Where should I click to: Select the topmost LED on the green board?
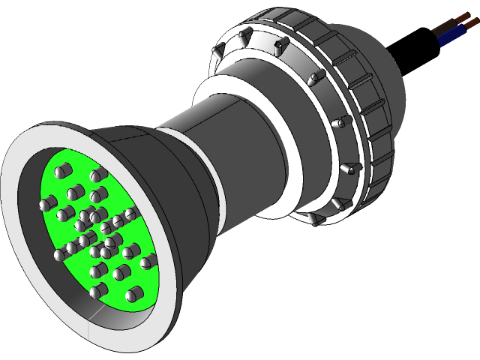95,175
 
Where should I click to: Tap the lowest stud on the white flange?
314,219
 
